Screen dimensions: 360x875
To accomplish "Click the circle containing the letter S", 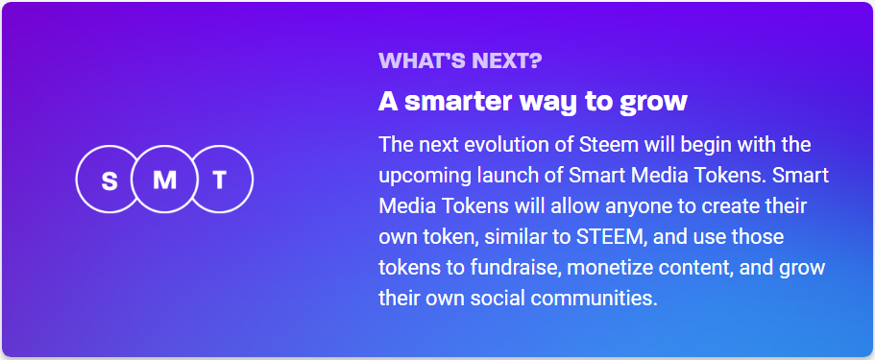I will click(109, 180).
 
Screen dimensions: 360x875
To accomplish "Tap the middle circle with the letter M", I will click(164, 180).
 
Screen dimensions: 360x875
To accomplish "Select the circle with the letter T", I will click(220, 180).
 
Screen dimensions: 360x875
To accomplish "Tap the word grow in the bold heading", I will click(656, 101).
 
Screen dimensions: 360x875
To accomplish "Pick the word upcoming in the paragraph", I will click(421, 177).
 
